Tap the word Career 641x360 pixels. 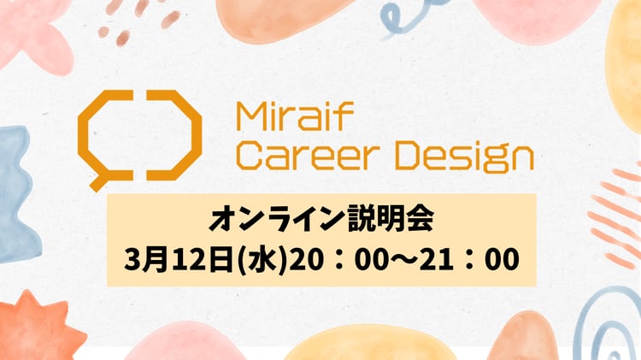(306, 156)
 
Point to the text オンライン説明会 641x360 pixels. (321, 219)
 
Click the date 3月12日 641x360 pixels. (179, 259)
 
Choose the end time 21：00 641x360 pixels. (469, 260)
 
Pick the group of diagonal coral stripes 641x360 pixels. (615, 217)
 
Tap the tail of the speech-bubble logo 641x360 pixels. (97, 183)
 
